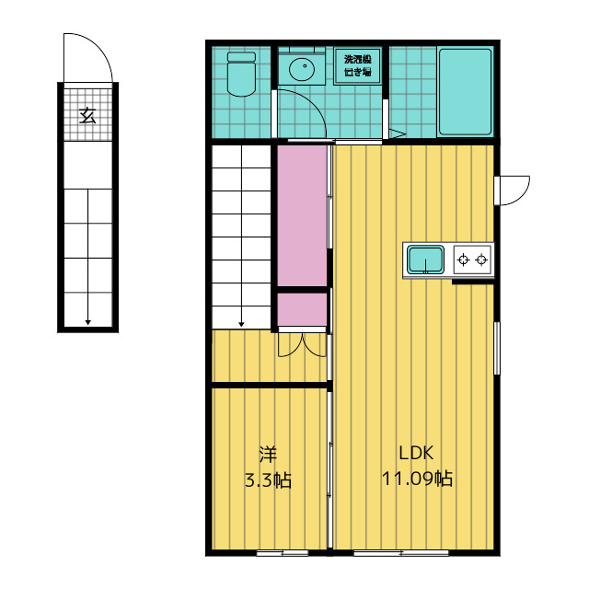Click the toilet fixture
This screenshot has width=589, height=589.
click(x=241, y=74)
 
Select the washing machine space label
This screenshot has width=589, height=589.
click(x=358, y=65)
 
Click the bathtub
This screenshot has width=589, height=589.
click(x=465, y=92)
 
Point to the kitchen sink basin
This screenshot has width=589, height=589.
click(x=425, y=260)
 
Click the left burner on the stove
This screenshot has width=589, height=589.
click(x=464, y=260)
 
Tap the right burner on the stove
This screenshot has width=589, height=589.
click(x=481, y=260)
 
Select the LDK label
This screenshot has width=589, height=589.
click(x=416, y=453)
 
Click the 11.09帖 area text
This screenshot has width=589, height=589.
click(x=417, y=479)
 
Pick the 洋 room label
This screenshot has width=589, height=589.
click(x=268, y=454)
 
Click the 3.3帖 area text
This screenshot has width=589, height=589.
click(x=268, y=480)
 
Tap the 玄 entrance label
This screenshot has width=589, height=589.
click(x=88, y=116)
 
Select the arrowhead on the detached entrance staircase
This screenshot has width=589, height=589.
click(x=88, y=322)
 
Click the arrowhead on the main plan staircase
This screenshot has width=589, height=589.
click(x=241, y=324)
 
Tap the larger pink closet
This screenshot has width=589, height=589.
click(x=302, y=215)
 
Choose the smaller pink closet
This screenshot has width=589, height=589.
click(x=302, y=309)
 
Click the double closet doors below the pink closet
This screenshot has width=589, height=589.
click(x=302, y=343)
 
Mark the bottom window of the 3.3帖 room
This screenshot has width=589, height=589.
click(x=283, y=552)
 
